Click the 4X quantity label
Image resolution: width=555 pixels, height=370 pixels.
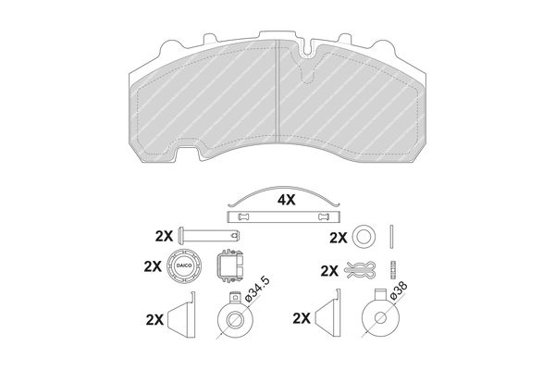coord(286,201)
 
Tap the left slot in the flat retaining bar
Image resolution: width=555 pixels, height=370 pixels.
coord(242,216)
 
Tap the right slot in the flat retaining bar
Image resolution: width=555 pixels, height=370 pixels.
coord(324,216)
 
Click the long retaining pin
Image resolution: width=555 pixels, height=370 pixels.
coord(210,235)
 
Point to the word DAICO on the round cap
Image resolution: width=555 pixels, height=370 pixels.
coord(184,265)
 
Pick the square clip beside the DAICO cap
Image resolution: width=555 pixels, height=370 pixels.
coord(230,265)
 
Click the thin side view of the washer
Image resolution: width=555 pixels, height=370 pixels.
coord(391,237)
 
